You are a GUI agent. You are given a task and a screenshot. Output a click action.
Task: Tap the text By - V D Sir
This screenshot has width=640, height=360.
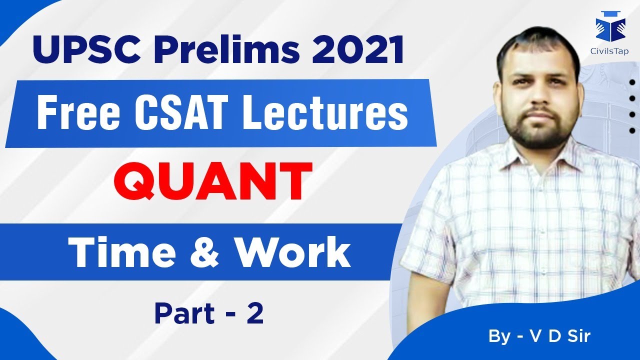(539, 336)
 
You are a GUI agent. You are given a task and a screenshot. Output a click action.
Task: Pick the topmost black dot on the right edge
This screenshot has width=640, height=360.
(632, 83)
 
